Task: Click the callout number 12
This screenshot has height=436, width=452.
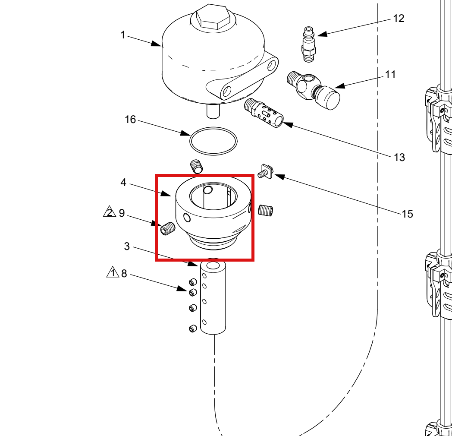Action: pyautogui.click(x=399, y=19)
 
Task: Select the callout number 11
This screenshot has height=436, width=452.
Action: pyautogui.click(x=391, y=74)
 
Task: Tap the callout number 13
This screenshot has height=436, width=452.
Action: pyautogui.click(x=399, y=157)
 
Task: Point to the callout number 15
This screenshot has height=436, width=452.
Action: pyautogui.click(x=407, y=214)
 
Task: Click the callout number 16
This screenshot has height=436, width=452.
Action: pyautogui.click(x=130, y=120)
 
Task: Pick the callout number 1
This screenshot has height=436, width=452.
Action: pyautogui.click(x=123, y=35)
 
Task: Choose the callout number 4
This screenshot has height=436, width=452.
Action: pyautogui.click(x=123, y=182)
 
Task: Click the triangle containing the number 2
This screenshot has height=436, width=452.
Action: pyautogui.click(x=109, y=211)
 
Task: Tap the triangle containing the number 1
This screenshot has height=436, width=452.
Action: pyautogui.click(x=113, y=272)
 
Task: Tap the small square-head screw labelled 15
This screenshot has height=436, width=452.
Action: pyautogui.click(x=266, y=172)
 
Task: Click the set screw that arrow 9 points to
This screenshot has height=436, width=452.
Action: pyautogui.click(x=168, y=229)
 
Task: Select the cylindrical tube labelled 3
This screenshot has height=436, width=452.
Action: pyautogui.click(x=213, y=297)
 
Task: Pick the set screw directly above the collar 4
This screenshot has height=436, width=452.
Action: pyautogui.click(x=197, y=167)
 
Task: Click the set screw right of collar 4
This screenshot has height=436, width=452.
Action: pyautogui.click(x=266, y=210)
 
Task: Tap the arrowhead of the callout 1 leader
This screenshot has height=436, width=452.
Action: pyautogui.click(x=156, y=44)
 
